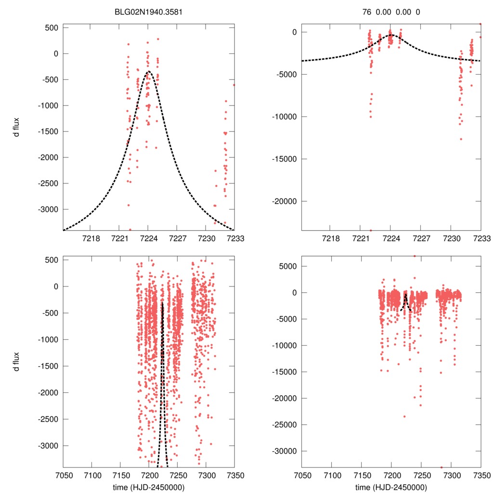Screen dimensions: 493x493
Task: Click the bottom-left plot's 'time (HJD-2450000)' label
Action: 148,487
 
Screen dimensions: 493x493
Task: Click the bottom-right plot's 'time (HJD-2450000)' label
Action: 391,487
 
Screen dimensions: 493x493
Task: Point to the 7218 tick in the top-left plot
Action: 91,238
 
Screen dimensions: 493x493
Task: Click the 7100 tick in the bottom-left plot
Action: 91,475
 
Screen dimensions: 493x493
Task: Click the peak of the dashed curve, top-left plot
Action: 148,71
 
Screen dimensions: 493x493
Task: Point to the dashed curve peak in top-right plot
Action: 391,35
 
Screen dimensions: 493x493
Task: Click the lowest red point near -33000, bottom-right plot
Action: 441,467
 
